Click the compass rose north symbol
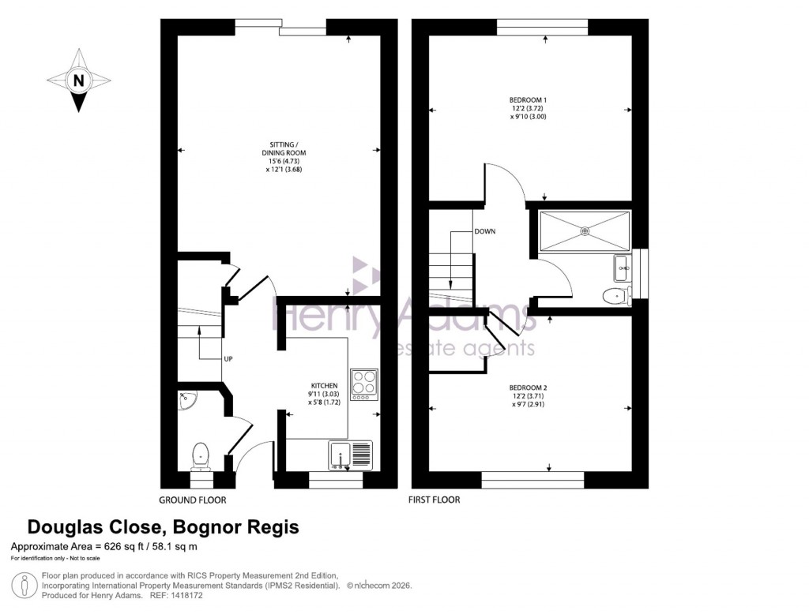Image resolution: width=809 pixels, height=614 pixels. (x=78, y=80)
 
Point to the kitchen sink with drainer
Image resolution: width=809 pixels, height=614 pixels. (x=349, y=455)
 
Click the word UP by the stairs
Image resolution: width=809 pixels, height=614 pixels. (x=228, y=360)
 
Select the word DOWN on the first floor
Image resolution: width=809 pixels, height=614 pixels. (x=484, y=232)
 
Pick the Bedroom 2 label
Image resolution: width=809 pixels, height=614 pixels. (x=528, y=387)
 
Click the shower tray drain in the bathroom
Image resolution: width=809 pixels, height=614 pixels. (x=585, y=230)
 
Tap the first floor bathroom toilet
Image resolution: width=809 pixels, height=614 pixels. (x=615, y=296)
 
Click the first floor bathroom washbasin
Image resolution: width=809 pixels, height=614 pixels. (x=622, y=269)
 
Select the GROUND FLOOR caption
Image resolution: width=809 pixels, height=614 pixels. (x=193, y=500)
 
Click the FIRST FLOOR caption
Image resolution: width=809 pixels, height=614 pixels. (x=434, y=500)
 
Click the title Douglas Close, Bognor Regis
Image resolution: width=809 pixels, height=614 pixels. (x=164, y=527)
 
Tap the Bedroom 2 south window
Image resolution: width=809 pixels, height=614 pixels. (x=532, y=476)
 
